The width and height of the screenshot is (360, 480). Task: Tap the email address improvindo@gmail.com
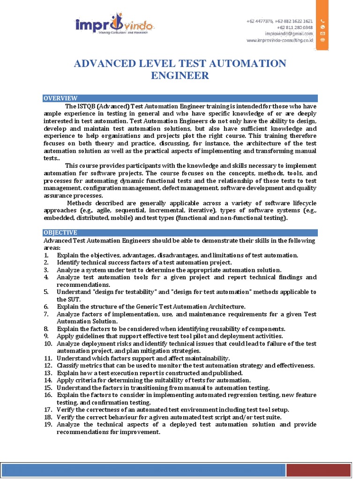[x=289, y=34]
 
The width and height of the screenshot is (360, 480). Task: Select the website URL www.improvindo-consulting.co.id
[x=280, y=41]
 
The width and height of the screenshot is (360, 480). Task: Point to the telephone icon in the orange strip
[x=322, y=21]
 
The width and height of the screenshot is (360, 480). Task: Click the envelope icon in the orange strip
[x=322, y=34]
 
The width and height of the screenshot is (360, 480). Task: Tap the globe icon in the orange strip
[x=322, y=40]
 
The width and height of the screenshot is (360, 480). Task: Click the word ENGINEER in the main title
[x=180, y=76]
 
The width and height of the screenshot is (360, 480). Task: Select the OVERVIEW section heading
[x=60, y=98]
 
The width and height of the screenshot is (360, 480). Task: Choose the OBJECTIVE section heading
[x=60, y=232]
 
